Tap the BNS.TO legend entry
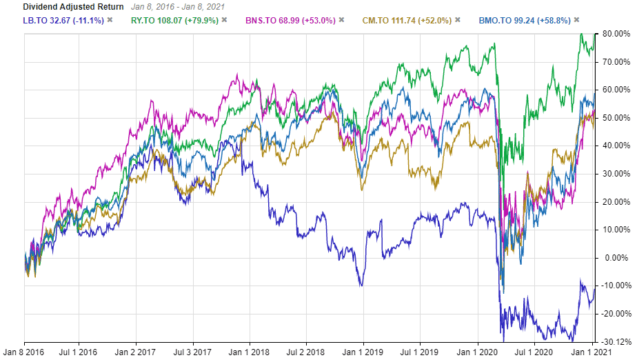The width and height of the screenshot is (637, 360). pyautogui.click(x=292, y=20)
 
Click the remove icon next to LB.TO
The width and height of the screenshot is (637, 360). pyautogui.click(x=110, y=20)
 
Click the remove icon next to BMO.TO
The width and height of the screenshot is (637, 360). pyautogui.click(x=576, y=20)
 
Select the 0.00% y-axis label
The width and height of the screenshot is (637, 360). pyautogui.click(x=616, y=257)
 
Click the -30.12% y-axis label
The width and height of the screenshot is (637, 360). pyautogui.click(x=614, y=341)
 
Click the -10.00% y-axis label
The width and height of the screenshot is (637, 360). pyautogui.click(x=614, y=286)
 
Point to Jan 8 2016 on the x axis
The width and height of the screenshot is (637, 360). pyautogui.click(x=25, y=352)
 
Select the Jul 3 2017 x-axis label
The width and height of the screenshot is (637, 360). pyautogui.click(x=192, y=352)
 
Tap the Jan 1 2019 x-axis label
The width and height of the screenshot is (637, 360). pyautogui.click(x=363, y=352)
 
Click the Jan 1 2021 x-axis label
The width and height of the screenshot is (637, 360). pyautogui.click(x=591, y=352)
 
